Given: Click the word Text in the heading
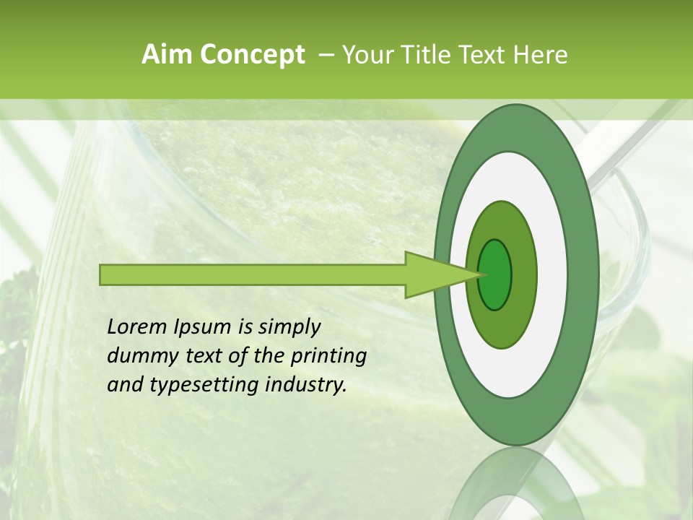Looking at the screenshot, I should pyautogui.click(x=484, y=55).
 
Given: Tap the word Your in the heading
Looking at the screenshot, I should pyautogui.click(x=367, y=55).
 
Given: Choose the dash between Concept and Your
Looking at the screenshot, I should pyautogui.click(x=326, y=55).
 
